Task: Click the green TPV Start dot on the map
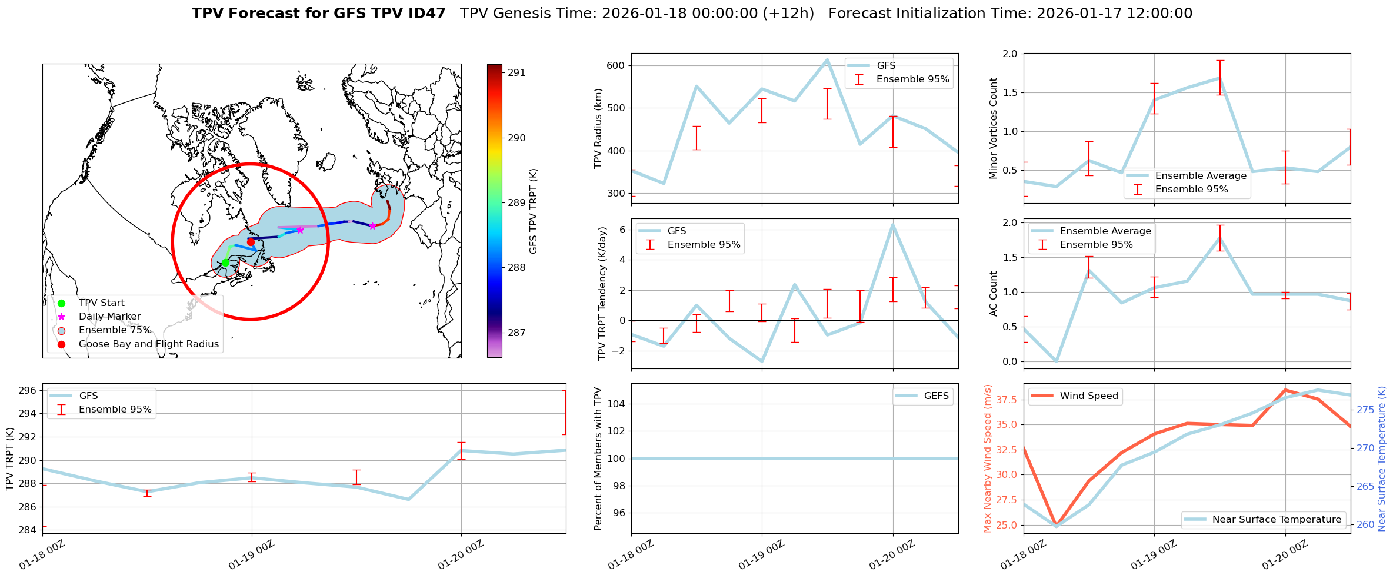[225, 263]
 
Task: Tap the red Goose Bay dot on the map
[251, 242]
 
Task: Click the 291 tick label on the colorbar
[517, 73]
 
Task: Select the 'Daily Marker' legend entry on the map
[109, 317]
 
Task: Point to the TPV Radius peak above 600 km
[827, 59]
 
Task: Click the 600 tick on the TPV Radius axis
[615, 65]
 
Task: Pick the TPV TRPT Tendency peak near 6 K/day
[892, 225]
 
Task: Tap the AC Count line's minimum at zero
[1057, 361]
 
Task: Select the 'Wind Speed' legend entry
[1088, 396]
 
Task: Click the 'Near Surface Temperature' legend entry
[1277, 519]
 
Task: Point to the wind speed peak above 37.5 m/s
[1285, 390]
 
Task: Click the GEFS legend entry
[936, 396]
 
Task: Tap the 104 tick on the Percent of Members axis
[616, 404]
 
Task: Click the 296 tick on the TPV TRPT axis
[29, 390]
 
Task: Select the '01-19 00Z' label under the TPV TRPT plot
[252, 555]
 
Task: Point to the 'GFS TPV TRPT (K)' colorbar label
[534, 211]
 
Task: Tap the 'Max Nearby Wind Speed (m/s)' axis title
[988, 459]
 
